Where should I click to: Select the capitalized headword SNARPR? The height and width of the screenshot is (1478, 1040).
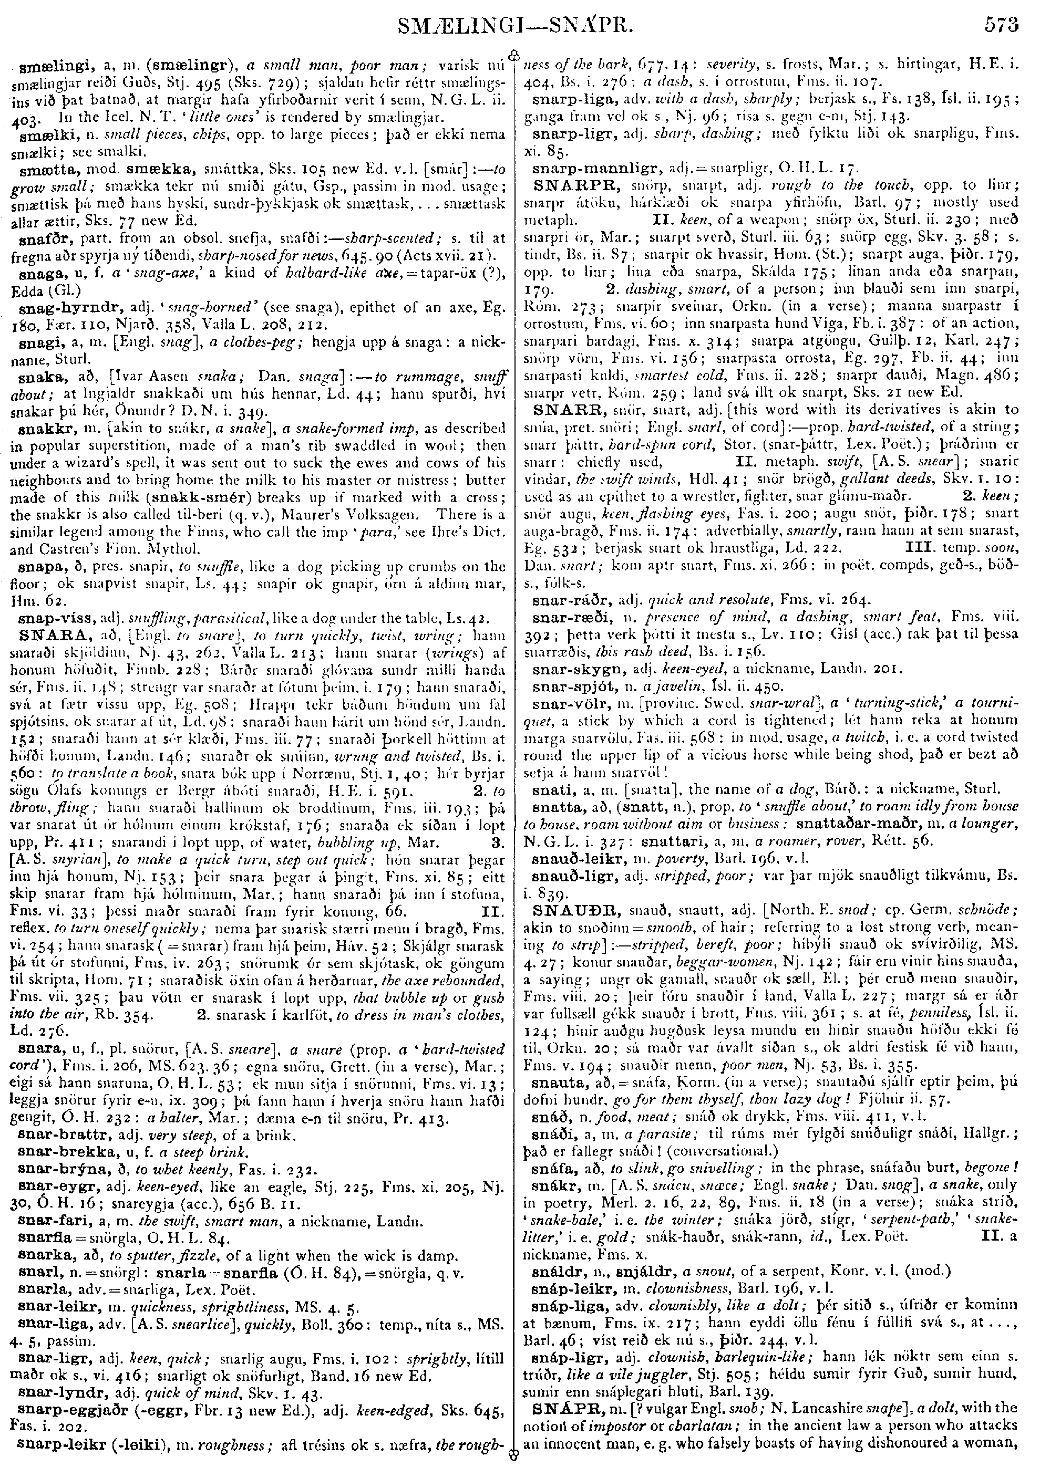(568, 185)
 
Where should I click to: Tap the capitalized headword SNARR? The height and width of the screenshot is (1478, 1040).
(563, 409)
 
